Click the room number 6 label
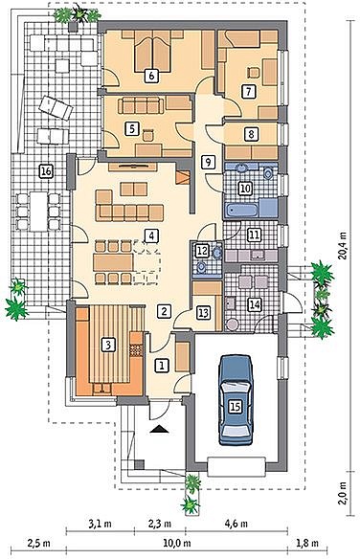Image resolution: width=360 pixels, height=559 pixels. point(152,76)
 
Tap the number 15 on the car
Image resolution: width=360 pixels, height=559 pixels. point(235,406)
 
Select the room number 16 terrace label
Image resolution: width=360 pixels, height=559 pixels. point(46,171)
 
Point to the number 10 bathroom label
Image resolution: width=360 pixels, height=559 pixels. point(245,188)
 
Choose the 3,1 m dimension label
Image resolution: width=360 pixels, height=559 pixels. point(100,524)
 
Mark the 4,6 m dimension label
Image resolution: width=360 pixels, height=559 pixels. point(236,524)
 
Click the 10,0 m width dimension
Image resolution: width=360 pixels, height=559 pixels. point(177,544)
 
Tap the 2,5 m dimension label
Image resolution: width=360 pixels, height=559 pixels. point(38,544)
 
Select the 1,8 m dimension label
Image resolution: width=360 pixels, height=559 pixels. point(307,544)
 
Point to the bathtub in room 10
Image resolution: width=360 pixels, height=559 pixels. point(242,210)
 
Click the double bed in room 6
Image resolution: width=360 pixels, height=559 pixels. point(152,52)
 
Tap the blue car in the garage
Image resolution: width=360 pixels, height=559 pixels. point(236,400)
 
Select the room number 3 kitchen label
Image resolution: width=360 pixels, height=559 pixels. point(108,345)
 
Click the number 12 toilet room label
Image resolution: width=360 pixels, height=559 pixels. point(202,250)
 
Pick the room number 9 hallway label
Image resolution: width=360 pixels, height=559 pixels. point(208,162)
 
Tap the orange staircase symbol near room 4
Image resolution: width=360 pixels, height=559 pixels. point(183,177)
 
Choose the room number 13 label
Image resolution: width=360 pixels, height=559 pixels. point(204,313)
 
